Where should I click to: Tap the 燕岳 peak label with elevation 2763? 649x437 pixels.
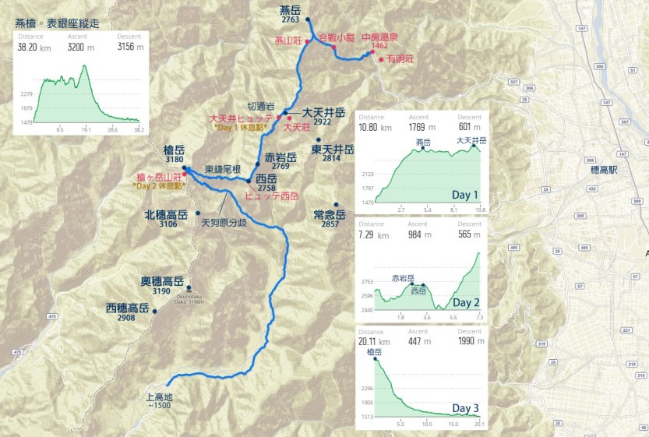point(290,10)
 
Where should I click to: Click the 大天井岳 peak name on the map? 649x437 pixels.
point(328,111)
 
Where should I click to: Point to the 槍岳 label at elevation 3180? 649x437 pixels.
point(175,149)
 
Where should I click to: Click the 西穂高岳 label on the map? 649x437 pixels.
point(127,308)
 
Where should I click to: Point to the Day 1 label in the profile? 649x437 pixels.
point(465,195)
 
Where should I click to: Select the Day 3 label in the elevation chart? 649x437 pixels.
point(465,408)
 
